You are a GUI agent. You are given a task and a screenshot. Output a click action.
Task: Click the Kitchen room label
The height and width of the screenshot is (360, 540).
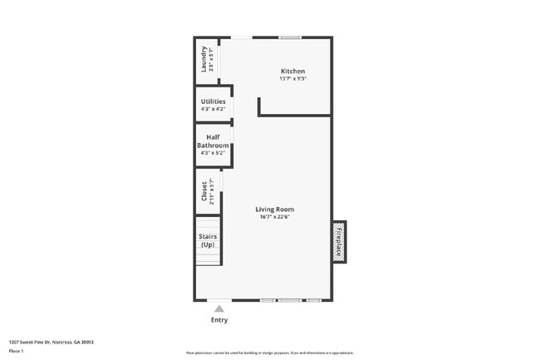pos(292,72)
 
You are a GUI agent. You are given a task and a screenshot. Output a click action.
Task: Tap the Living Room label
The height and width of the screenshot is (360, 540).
pos(275,210)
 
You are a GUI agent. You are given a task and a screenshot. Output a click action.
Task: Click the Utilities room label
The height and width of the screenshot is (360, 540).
pos(213,101)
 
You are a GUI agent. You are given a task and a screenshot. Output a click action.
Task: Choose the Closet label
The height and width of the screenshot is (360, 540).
pos(204,192)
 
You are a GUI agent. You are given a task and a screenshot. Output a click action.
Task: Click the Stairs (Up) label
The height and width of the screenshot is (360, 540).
pos(208,240)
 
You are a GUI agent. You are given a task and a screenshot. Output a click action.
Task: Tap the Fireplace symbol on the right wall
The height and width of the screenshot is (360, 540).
pos(339,241)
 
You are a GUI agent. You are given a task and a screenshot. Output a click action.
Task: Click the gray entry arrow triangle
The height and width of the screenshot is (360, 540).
pos(219,308)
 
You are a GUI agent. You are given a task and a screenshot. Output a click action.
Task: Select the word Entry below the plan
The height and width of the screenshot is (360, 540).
pos(219,320)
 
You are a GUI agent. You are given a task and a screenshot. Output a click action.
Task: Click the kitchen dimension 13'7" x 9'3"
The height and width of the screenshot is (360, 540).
pos(292,79)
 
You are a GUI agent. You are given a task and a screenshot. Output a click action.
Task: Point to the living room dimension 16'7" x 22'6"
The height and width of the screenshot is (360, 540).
pos(275,218)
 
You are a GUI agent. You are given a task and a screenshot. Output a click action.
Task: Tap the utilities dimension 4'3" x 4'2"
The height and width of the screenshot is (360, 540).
pos(213,109)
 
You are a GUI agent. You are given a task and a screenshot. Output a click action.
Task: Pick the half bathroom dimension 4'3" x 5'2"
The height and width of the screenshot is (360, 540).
pos(213,153)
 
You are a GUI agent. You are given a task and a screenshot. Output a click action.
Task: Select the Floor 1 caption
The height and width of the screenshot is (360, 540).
pos(16,352)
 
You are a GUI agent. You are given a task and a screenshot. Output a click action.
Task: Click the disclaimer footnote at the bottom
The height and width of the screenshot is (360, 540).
pos(270,353)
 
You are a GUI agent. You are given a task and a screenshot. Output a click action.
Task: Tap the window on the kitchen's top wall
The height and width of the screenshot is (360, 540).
pos(290,37)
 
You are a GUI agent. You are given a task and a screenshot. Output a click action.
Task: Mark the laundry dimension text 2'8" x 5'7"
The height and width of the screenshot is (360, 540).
pos(211,59)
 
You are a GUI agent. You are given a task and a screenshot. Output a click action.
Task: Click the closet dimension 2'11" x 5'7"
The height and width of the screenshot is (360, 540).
pos(212,192)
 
